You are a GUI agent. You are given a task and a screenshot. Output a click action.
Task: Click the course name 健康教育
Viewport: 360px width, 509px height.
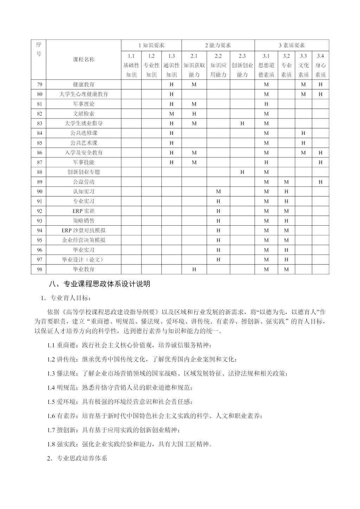(84, 84)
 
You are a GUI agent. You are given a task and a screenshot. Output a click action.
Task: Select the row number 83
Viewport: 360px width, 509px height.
(39, 123)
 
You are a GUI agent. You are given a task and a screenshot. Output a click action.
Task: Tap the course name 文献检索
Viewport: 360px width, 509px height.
(84, 114)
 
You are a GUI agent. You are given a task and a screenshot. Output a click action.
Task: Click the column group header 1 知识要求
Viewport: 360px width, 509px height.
(151, 45)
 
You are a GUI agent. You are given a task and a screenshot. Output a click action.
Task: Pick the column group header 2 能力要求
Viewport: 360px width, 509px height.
(218, 45)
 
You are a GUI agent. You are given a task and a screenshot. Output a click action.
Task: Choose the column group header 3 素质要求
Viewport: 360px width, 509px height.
(291, 45)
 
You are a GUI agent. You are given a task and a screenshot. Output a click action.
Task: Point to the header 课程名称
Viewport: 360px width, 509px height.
(84, 59)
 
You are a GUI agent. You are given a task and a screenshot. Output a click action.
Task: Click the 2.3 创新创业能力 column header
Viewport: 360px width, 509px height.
(242, 65)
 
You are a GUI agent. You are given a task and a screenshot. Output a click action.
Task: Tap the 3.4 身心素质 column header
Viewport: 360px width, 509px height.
(320, 65)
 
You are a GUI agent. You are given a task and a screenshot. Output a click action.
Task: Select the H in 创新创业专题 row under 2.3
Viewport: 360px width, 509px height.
(242, 172)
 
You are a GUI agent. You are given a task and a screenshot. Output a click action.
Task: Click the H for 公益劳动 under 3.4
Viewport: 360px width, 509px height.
(320, 182)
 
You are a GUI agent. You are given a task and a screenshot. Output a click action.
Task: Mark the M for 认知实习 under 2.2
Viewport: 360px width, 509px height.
(218, 192)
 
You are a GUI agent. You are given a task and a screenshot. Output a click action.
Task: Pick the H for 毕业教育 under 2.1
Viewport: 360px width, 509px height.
(194, 269)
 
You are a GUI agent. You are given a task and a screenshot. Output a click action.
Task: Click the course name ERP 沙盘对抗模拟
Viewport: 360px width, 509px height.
(84, 231)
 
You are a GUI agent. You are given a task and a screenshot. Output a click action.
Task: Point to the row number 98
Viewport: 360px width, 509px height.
(39, 269)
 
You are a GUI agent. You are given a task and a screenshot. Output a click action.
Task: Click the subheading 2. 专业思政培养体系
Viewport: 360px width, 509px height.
(77, 459)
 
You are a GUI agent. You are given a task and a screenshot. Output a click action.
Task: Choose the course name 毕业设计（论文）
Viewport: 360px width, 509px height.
(84, 260)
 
